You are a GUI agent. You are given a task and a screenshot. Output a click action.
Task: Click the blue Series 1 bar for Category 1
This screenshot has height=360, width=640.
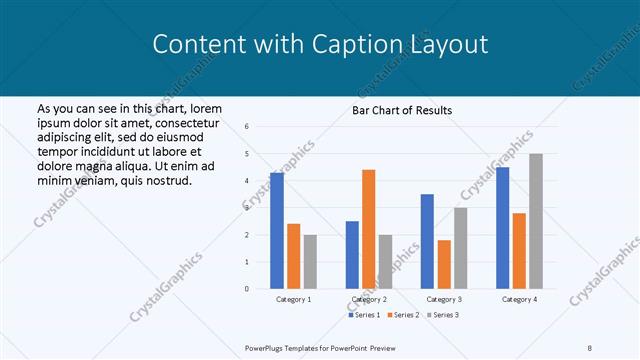click(277, 231)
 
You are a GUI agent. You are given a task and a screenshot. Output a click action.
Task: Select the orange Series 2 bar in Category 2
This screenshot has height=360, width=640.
click(368, 229)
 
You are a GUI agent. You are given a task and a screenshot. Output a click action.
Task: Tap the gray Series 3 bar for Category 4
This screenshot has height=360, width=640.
click(536, 221)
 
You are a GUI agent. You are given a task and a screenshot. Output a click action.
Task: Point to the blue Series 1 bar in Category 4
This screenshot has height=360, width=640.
click(502, 228)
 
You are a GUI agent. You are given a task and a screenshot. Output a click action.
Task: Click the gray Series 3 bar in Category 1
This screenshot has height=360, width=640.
click(310, 262)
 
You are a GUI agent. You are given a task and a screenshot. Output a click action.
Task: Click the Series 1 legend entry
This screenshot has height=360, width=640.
click(365, 315)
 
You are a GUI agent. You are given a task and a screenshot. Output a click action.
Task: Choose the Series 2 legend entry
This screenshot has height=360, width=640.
click(403, 315)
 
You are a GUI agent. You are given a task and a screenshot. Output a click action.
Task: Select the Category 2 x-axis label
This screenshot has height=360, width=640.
click(368, 299)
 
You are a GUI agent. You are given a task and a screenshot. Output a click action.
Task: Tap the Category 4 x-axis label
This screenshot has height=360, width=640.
click(519, 299)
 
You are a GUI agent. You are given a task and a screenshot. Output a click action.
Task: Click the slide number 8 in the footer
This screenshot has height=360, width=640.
click(590, 347)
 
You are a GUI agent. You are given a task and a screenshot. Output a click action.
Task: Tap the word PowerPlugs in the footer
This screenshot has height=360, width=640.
click(266, 347)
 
